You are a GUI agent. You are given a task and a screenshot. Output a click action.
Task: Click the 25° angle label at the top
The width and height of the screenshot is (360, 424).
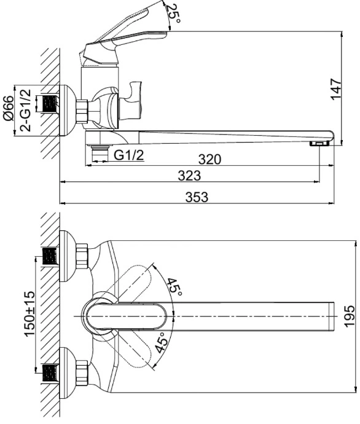(x=173, y=14)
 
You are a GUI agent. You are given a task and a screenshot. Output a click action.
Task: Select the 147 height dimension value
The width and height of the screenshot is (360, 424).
(x=336, y=89)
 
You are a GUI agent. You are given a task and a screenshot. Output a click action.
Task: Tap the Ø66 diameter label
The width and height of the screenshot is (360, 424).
(x=8, y=108)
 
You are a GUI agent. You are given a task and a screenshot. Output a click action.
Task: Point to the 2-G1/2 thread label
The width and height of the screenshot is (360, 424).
(x=26, y=111)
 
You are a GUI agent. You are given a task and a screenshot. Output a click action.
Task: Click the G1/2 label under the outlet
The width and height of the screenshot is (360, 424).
(x=128, y=155)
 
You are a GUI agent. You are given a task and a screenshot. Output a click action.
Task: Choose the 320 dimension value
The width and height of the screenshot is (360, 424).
(x=209, y=160)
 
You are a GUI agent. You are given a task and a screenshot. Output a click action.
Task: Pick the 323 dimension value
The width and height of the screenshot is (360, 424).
(x=189, y=176)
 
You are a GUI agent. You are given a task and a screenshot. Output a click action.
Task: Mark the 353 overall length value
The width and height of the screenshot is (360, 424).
(x=197, y=197)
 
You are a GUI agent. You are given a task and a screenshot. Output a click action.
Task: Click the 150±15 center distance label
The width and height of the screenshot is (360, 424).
(x=29, y=313)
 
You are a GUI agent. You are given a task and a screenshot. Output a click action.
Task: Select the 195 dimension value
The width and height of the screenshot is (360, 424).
(x=350, y=316)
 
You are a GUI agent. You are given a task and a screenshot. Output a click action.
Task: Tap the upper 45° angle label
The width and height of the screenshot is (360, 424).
(x=174, y=287)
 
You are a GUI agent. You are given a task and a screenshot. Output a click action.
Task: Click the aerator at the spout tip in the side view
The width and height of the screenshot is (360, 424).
(x=319, y=143)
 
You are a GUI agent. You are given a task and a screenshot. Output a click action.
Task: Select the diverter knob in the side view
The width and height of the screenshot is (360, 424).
(x=130, y=101)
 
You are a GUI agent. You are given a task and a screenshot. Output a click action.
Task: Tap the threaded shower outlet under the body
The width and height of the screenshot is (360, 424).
(x=100, y=153)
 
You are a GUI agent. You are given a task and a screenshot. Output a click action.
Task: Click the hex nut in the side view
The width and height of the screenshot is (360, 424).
(x=82, y=111)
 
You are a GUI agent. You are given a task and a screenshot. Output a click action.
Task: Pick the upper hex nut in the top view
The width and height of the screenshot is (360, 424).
(x=82, y=256)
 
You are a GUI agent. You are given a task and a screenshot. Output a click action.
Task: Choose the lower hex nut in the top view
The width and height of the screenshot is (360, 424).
(x=82, y=373)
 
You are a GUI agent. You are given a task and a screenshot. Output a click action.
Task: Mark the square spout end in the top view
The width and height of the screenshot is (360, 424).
(x=332, y=316)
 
